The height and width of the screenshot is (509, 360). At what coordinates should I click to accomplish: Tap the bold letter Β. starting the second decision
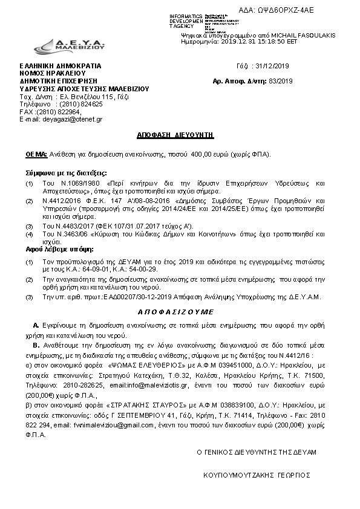point(36,344)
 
